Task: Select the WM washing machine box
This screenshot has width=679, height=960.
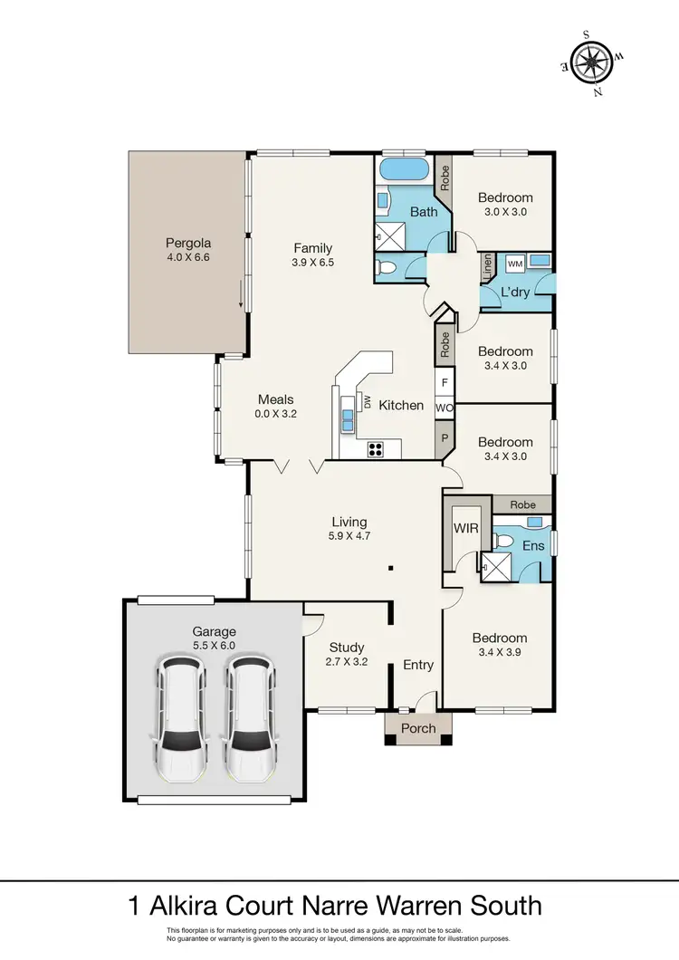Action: click(x=515, y=264)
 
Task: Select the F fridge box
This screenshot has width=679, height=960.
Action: click(x=445, y=382)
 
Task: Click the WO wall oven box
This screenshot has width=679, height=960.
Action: click(x=444, y=409)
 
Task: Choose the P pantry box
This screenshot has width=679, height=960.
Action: click(x=445, y=437)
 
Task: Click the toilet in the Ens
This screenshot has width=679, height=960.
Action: click(x=506, y=542)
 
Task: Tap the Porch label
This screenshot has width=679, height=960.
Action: click(x=418, y=728)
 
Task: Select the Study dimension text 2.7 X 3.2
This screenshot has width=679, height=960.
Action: click(x=347, y=662)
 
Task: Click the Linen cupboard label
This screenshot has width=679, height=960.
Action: click(x=487, y=266)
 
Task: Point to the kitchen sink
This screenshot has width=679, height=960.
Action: click(x=349, y=418)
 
